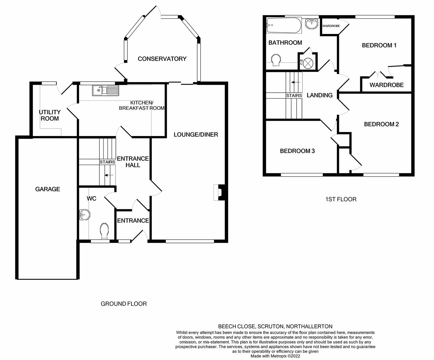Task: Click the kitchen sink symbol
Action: (x=105, y=90)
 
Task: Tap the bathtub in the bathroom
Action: (x=284, y=26)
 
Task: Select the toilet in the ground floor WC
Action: (x=104, y=231)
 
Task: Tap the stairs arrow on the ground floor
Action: (x=109, y=175)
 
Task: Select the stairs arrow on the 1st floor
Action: (x=296, y=82)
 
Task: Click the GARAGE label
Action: (x=48, y=189)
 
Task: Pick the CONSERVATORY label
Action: (x=162, y=59)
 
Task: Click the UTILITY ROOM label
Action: (x=50, y=115)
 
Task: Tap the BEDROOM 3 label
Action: (x=297, y=151)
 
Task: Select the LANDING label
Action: (x=320, y=95)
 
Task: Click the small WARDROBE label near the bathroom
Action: (x=331, y=26)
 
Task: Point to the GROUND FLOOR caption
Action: (x=124, y=304)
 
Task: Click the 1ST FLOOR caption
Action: (x=341, y=199)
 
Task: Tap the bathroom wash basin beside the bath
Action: (x=312, y=24)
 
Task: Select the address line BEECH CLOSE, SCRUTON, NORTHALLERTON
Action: (x=275, y=326)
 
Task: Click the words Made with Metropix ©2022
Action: (x=275, y=356)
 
